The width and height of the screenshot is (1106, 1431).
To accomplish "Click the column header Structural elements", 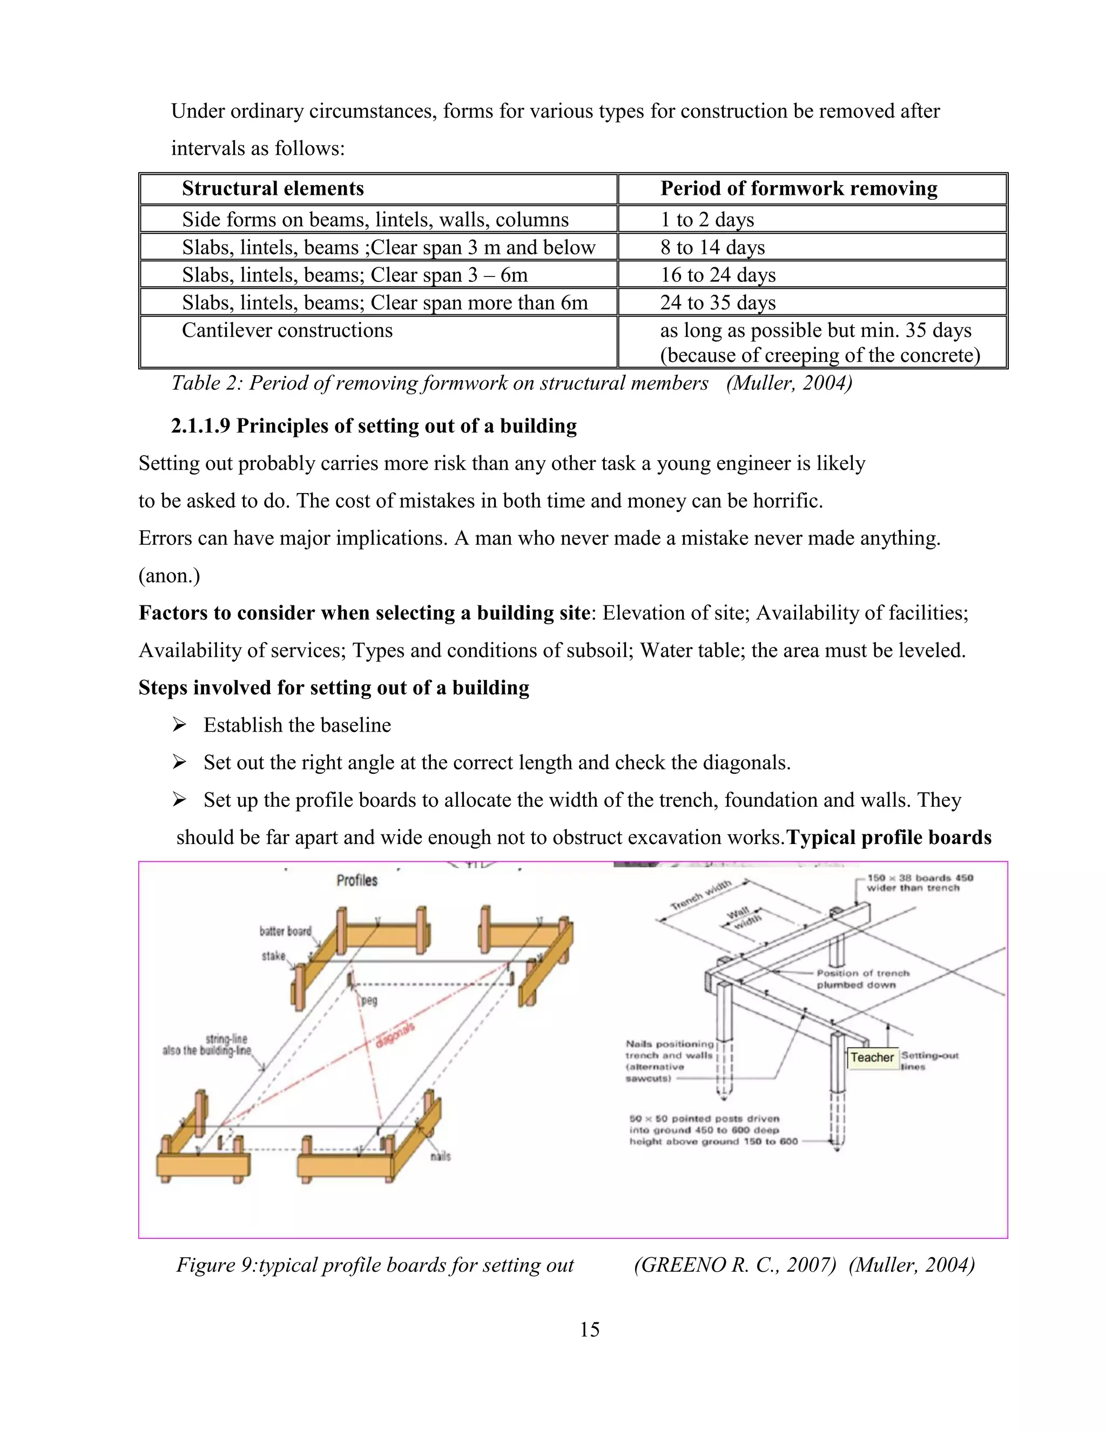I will pyautogui.click(x=273, y=188).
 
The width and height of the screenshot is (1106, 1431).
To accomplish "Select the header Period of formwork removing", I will pyautogui.click(x=798, y=188).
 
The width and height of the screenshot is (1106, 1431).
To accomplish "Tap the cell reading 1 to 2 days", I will pyautogui.click(x=707, y=219).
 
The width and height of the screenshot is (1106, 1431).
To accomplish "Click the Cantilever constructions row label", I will pyautogui.click(x=287, y=330).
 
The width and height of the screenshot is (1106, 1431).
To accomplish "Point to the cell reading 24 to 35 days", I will pyautogui.click(x=718, y=303).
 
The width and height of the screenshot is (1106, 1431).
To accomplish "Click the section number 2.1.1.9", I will pyautogui.click(x=200, y=426).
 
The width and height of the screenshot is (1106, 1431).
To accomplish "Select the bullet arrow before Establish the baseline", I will pyautogui.click(x=179, y=725).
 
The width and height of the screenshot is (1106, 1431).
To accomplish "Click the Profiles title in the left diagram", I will pyautogui.click(x=357, y=880).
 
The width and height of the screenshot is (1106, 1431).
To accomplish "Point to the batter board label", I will pyautogui.click(x=285, y=931).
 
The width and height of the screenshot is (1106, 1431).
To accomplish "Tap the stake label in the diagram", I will pyautogui.click(x=273, y=956).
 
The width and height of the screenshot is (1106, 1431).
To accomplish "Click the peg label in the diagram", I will pyautogui.click(x=369, y=1001).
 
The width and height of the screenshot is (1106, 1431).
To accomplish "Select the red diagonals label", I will pyautogui.click(x=395, y=1035).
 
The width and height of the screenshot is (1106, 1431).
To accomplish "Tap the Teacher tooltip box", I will pyautogui.click(x=872, y=1057).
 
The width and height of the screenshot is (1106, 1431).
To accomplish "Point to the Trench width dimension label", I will pyautogui.click(x=700, y=896).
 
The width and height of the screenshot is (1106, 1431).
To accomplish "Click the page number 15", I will pyautogui.click(x=589, y=1329).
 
